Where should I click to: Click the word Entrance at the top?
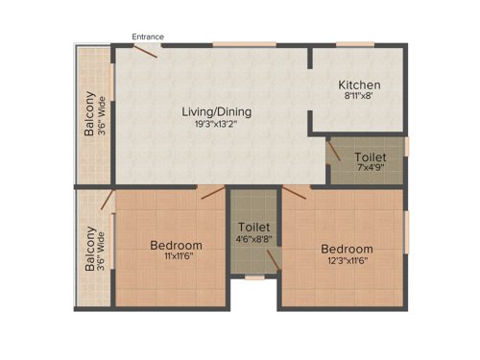[148, 36]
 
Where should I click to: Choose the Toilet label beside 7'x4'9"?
[371, 156]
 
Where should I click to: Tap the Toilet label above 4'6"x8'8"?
[253, 227]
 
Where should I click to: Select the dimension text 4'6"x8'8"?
[253, 239]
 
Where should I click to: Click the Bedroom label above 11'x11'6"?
[176, 245]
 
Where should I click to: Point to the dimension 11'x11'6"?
[176, 257]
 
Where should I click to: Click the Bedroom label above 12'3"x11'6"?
[347, 249]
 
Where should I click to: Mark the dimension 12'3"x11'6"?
[347, 260]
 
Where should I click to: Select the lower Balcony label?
[90, 249]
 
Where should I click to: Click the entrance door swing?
[145, 50]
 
